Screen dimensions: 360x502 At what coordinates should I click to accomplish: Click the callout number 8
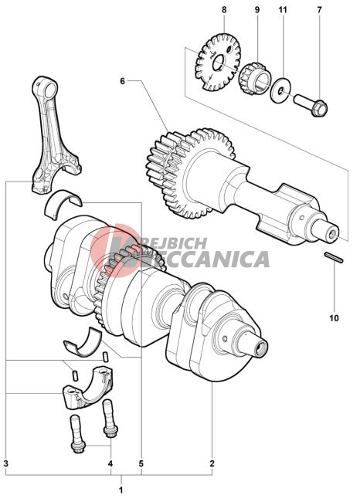pyautogui.click(x=224, y=10)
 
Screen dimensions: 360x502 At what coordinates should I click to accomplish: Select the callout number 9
pyautogui.click(x=257, y=10)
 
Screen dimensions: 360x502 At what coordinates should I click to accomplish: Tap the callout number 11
pyautogui.click(x=283, y=10)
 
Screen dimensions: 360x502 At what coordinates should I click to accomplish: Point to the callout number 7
pyautogui.click(x=319, y=10)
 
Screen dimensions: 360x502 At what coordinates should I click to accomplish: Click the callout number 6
pyautogui.click(x=122, y=81)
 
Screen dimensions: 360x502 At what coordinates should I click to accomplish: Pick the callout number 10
pyautogui.click(x=334, y=318)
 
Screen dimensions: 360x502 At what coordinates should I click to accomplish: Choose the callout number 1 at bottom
pyautogui.click(x=121, y=490)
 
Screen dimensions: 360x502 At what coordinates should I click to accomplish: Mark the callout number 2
pyautogui.click(x=212, y=463)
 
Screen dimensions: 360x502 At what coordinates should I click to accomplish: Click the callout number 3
pyautogui.click(x=6, y=463)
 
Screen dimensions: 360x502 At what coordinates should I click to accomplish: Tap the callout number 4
pyautogui.click(x=110, y=463)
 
